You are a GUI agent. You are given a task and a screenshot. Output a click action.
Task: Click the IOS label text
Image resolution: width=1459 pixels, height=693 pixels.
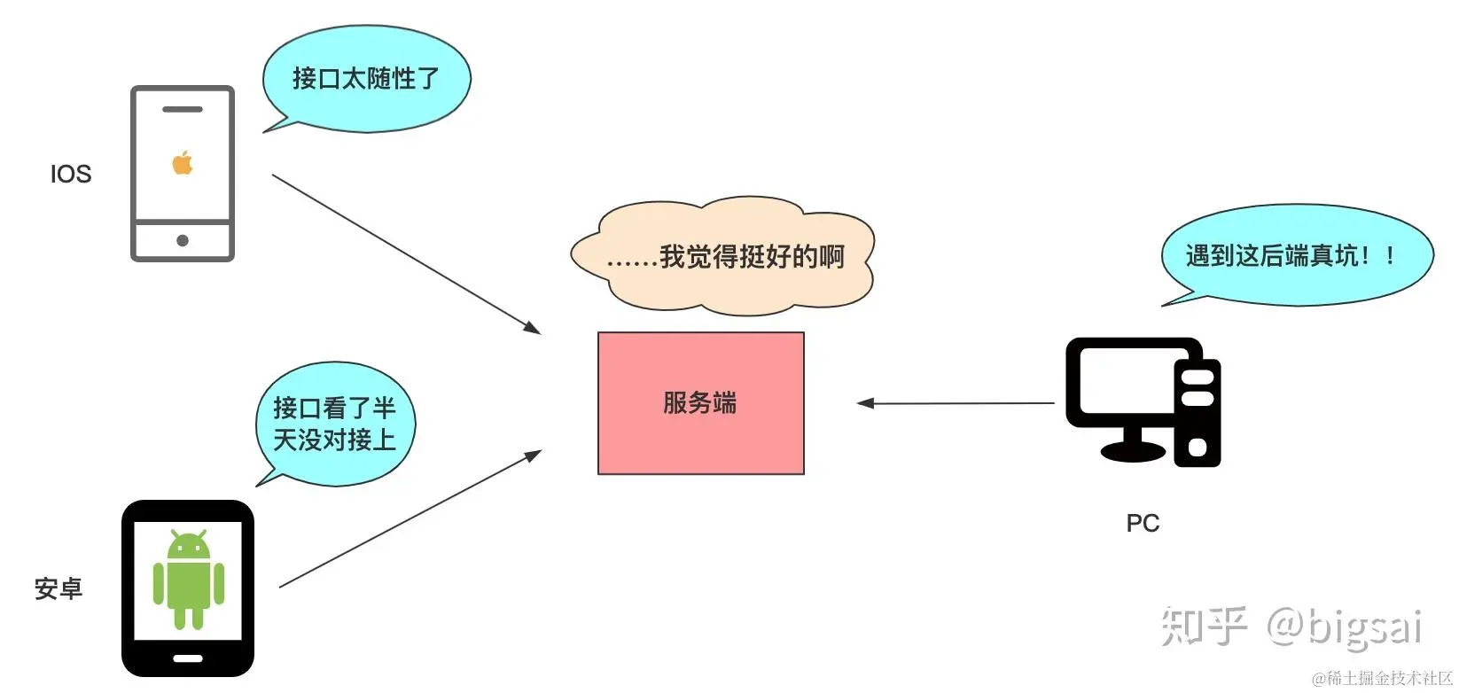click(71, 174)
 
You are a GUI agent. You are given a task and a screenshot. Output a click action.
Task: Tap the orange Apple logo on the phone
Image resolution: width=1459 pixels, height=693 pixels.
click(183, 163)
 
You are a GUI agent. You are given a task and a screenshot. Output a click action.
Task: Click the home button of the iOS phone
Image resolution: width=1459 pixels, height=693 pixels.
click(183, 240)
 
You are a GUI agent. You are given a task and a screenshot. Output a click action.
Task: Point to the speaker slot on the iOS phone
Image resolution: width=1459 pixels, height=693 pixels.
click(183, 109)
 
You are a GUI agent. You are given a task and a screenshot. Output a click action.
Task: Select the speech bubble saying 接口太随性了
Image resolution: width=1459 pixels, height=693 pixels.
click(366, 79)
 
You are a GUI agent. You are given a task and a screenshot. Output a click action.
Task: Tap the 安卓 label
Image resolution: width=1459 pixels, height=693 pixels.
click(59, 588)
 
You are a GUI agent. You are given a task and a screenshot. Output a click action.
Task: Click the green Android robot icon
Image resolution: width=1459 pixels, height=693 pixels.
click(188, 580)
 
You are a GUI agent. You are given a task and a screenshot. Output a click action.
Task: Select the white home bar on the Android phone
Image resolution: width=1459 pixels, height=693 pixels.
click(188, 658)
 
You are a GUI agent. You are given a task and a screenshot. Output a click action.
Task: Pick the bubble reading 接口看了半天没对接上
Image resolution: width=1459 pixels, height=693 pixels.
click(335, 424)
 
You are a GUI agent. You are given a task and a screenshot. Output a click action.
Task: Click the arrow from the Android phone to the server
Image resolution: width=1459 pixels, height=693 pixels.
click(410, 519)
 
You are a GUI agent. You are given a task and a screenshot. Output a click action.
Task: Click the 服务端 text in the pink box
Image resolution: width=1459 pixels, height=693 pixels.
click(700, 403)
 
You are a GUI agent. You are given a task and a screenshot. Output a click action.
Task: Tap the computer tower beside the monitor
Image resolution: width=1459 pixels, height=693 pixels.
click(1198, 412)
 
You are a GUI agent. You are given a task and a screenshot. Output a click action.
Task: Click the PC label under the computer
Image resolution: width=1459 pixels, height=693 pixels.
click(1143, 523)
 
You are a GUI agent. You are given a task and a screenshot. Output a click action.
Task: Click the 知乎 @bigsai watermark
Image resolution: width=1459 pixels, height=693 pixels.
click(1291, 627)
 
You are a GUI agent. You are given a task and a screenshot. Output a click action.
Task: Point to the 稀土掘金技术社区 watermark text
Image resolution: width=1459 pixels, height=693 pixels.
click(1383, 679)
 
